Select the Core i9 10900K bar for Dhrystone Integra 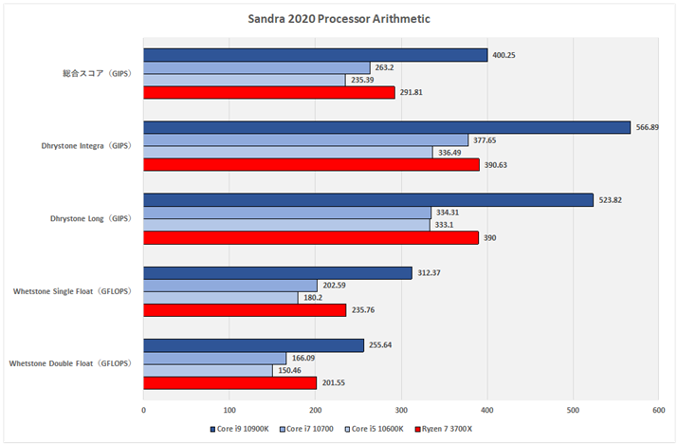click(x=387, y=127)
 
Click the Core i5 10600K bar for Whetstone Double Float click(x=208, y=370)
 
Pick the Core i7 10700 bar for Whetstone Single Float click(x=230, y=286)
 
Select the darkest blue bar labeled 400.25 click(x=315, y=55)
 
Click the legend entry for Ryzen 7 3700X click(x=437, y=429)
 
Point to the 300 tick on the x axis click(x=401, y=410)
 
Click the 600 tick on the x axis click(x=658, y=410)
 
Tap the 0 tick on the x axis click(x=143, y=410)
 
